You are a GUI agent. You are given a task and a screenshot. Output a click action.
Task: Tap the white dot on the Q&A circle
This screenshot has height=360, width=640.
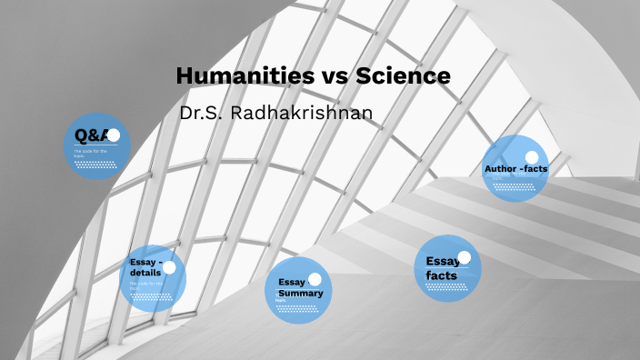click(x=114, y=135)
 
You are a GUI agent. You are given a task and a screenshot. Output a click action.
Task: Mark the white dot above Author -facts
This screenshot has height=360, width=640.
click(x=532, y=157)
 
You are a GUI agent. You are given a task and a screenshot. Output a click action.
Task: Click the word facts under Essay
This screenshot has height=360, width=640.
click(x=441, y=275)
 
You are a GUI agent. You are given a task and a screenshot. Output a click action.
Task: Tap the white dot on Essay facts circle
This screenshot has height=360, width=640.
click(x=464, y=256)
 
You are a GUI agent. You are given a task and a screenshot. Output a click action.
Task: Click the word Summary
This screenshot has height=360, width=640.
click(x=301, y=294)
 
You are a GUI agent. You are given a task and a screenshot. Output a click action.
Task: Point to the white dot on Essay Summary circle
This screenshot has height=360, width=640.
click(x=315, y=279)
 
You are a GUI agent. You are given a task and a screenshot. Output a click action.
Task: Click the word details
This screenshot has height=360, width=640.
click(x=145, y=272)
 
